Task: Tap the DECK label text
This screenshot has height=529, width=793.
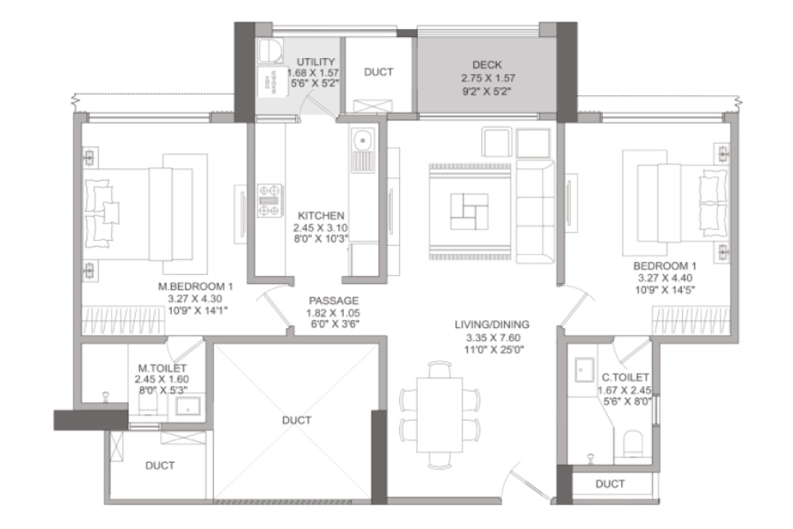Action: (487, 65)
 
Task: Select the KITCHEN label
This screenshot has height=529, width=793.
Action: (321, 216)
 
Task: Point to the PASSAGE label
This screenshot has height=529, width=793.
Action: (332, 300)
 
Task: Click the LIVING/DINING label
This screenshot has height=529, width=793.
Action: (492, 325)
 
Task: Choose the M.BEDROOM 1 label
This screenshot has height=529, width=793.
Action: (196, 287)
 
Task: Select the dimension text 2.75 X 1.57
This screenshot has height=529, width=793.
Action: (487, 77)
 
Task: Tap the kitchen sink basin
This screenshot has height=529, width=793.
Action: (362, 141)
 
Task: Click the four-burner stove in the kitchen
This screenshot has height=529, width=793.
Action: (270, 200)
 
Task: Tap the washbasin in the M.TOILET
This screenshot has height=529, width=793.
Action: (189, 407)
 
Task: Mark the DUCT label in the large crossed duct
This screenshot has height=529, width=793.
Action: (296, 420)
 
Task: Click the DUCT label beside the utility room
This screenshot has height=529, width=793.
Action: (379, 71)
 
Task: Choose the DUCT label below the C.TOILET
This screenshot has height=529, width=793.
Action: (610, 484)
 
